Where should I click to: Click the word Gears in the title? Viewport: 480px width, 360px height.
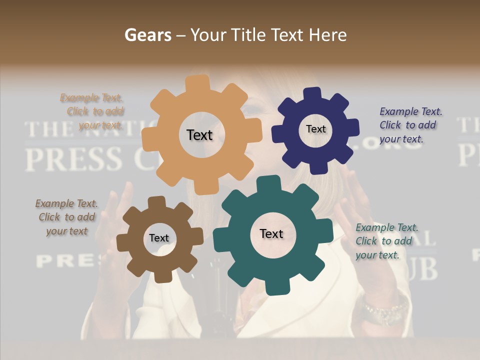[147, 35]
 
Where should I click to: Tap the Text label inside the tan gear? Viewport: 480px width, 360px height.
[199, 135]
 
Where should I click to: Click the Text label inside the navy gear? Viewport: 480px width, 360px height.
[315, 129]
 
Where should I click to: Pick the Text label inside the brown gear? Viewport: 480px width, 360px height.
[159, 238]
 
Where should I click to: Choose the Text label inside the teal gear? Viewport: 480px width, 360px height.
[271, 233]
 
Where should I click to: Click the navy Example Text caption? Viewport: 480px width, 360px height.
[410, 125]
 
